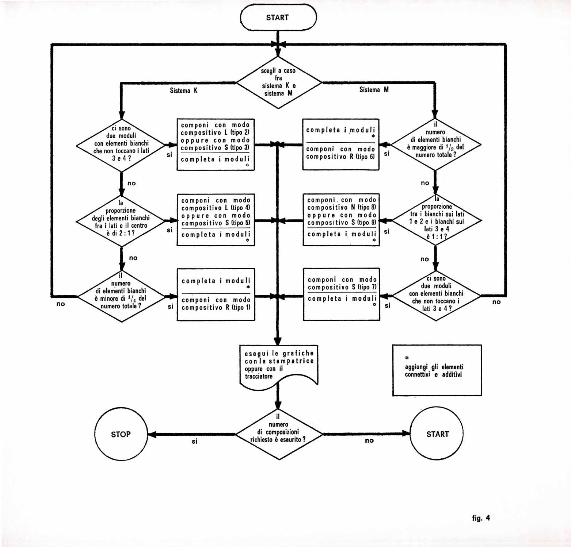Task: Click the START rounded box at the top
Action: click(x=278, y=18)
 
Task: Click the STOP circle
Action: click(x=121, y=434)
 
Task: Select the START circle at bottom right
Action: click(x=437, y=434)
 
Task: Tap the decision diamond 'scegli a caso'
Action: click(x=279, y=82)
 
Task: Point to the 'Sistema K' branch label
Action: click(x=183, y=90)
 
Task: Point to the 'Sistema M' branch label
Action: click(x=374, y=90)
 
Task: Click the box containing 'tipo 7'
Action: click(x=342, y=294)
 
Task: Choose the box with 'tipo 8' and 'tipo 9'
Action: click(x=342, y=220)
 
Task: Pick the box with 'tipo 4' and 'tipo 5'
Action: click(x=216, y=220)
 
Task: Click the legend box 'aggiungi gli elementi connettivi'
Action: click(x=437, y=370)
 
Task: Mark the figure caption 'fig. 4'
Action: click(x=481, y=518)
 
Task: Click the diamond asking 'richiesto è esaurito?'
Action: click(x=279, y=434)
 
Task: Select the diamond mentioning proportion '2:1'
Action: click(x=121, y=221)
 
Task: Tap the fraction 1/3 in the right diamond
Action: click(x=452, y=147)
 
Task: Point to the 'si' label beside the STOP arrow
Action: click(x=194, y=441)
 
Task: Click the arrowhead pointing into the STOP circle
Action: click(x=152, y=434)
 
